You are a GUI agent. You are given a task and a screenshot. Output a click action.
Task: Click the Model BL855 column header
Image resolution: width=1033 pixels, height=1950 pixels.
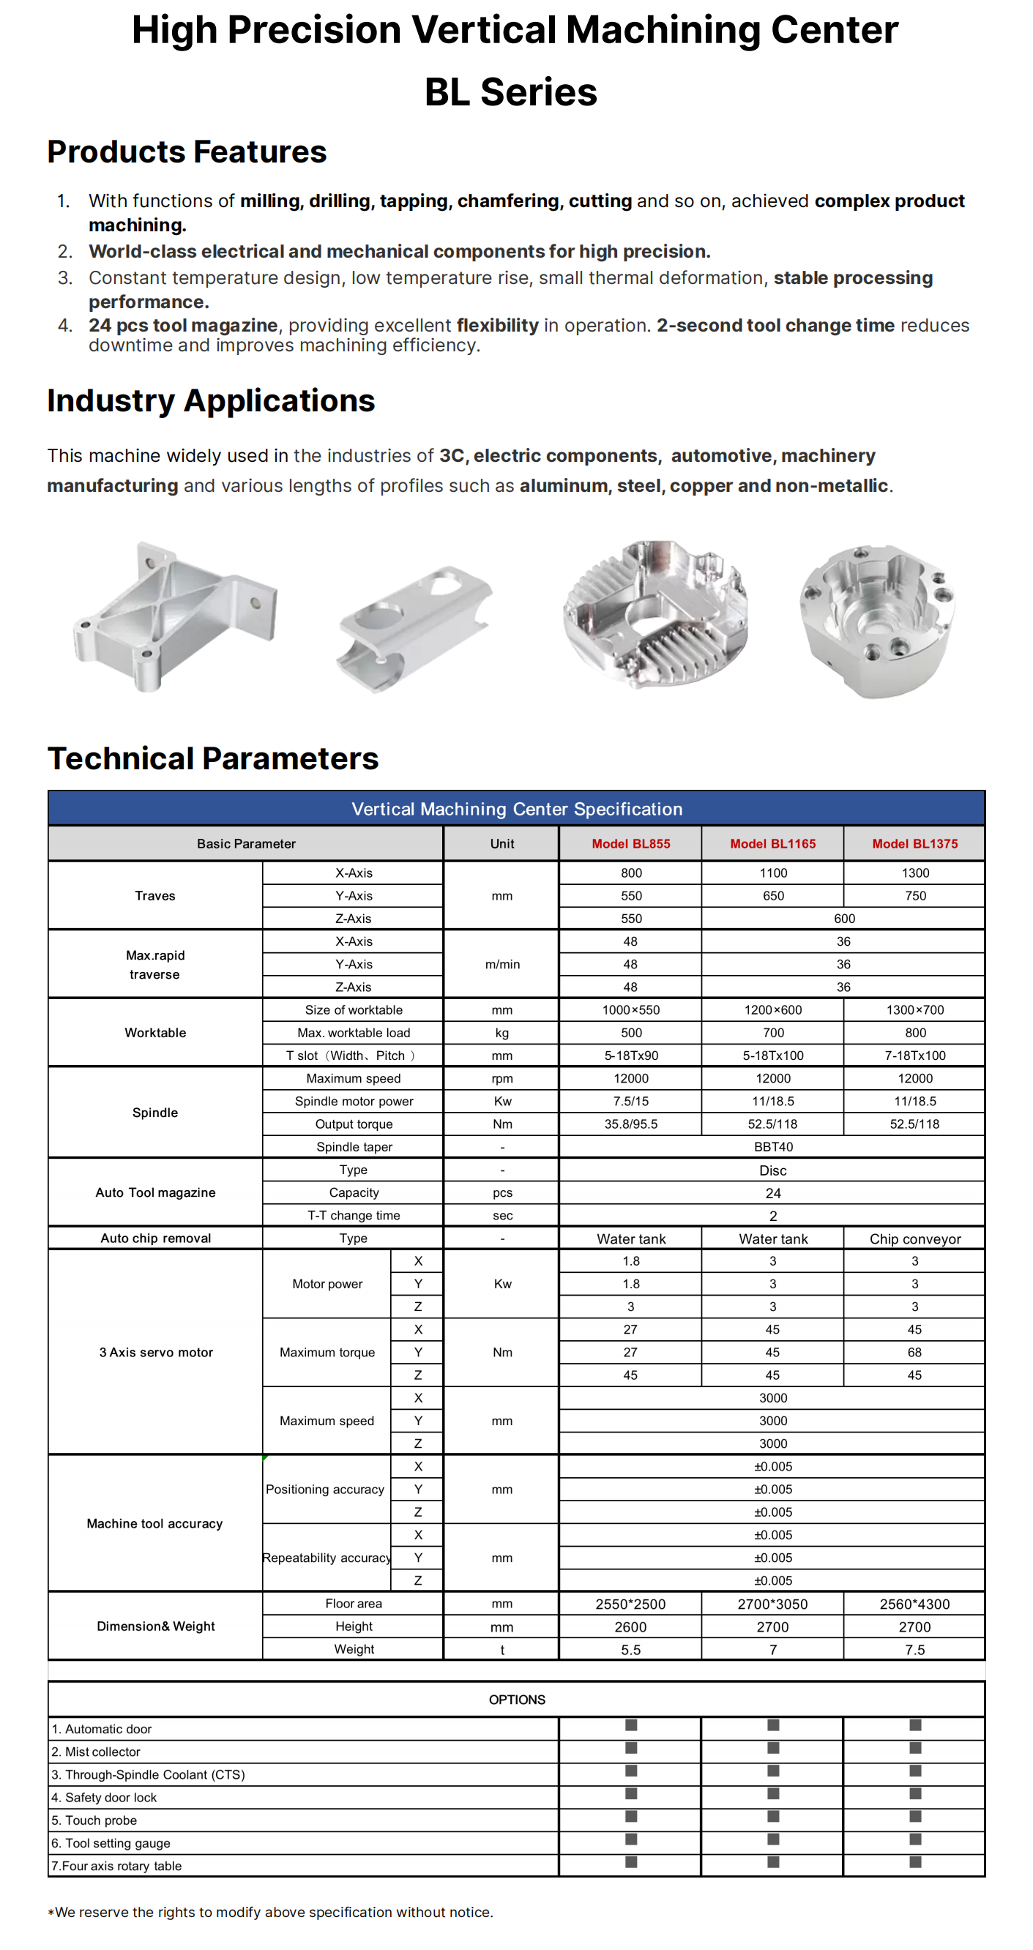tap(631, 843)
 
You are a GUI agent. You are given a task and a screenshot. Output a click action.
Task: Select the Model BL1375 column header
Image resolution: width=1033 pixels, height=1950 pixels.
tap(914, 843)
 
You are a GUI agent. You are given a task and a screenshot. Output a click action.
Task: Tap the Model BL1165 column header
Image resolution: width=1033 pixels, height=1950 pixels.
tap(772, 843)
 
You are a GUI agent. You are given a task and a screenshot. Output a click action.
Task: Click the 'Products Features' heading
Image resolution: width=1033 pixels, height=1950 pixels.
tap(187, 152)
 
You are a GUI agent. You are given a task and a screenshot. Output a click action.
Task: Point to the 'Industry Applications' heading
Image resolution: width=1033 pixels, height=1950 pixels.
tap(212, 400)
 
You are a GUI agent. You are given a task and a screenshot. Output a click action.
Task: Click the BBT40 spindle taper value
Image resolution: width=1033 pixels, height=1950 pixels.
tap(772, 1147)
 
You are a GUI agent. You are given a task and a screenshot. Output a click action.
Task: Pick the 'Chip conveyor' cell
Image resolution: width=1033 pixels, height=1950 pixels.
tap(914, 1239)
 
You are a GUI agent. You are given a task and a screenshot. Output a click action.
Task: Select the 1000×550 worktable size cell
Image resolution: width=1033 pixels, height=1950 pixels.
tap(631, 1010)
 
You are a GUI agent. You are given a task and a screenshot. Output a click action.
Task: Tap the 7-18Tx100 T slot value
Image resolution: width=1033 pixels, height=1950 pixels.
tap(914, 1056)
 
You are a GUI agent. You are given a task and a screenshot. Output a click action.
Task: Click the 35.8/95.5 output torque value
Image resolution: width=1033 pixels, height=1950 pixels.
tap(631, 1124)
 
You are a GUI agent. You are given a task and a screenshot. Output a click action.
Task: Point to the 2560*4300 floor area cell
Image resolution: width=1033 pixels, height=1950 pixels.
tap(914, 1603)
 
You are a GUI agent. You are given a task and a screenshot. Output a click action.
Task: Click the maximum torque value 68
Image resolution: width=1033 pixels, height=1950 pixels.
tap(914, 1352)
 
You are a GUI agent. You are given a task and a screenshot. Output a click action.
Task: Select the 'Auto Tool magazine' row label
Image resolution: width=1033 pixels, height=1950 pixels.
tap(155, 1192)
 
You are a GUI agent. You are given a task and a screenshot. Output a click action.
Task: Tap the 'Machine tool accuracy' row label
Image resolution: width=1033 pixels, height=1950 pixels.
tap(154, 1523)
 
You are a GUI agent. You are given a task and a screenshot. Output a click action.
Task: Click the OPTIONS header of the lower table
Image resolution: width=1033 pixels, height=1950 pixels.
tap(517, 1700)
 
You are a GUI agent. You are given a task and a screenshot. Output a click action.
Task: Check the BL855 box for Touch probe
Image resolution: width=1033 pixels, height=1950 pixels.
tap(631, 1816)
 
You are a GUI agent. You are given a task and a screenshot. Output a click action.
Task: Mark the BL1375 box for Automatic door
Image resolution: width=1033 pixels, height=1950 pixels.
tap(915, 1725)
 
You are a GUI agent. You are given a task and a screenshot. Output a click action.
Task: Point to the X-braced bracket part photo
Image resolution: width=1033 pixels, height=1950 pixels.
tap(175, 617)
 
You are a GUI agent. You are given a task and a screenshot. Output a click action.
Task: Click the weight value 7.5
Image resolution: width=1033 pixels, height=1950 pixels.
tap(914, 1649)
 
